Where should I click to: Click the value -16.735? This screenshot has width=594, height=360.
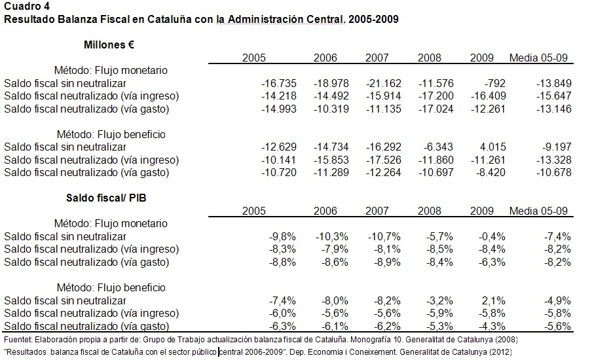pos(279,83)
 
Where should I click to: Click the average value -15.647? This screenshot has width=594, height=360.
pos(554,96)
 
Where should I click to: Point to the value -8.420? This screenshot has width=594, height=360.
pos(489,173)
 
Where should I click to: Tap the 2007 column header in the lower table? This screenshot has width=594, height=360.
pos(377,211)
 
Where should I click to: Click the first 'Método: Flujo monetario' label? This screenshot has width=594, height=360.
pos(111,70)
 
